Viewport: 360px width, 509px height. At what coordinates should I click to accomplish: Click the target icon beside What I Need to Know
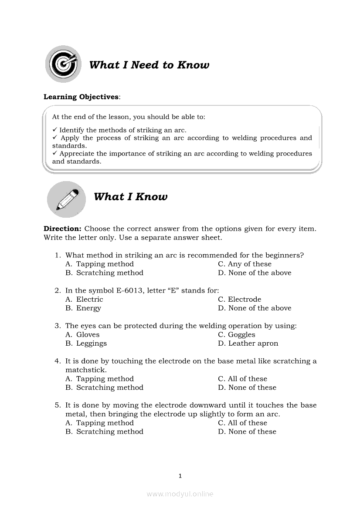coord(64,64)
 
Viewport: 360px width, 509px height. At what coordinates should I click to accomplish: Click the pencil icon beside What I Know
coord(67,199)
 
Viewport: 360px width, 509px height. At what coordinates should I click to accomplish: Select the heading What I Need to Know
coord(149,65)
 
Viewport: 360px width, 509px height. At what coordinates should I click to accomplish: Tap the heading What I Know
coord(130,197)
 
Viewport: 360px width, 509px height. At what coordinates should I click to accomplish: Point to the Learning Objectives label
coord(81,97)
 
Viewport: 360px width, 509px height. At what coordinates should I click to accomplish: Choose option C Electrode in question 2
coord(239,300)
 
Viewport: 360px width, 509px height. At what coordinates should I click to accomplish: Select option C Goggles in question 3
coord(237,335)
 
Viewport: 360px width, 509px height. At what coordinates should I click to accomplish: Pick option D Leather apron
coord(248,344)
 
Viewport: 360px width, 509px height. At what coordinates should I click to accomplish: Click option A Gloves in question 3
coord(82,335)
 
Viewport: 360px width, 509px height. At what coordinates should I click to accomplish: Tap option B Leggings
coord(86,344)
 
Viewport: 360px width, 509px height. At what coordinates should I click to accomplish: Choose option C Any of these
coord(245,264)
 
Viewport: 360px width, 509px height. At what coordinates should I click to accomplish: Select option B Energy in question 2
coord(83,308)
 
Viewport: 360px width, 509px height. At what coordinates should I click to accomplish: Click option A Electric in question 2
coord(84,300)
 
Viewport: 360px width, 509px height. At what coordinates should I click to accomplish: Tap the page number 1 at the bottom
coord(180,476)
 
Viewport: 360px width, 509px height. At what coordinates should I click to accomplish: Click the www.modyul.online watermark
coord(180,494)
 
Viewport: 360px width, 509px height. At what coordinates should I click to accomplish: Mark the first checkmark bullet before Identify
coord(55,130)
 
